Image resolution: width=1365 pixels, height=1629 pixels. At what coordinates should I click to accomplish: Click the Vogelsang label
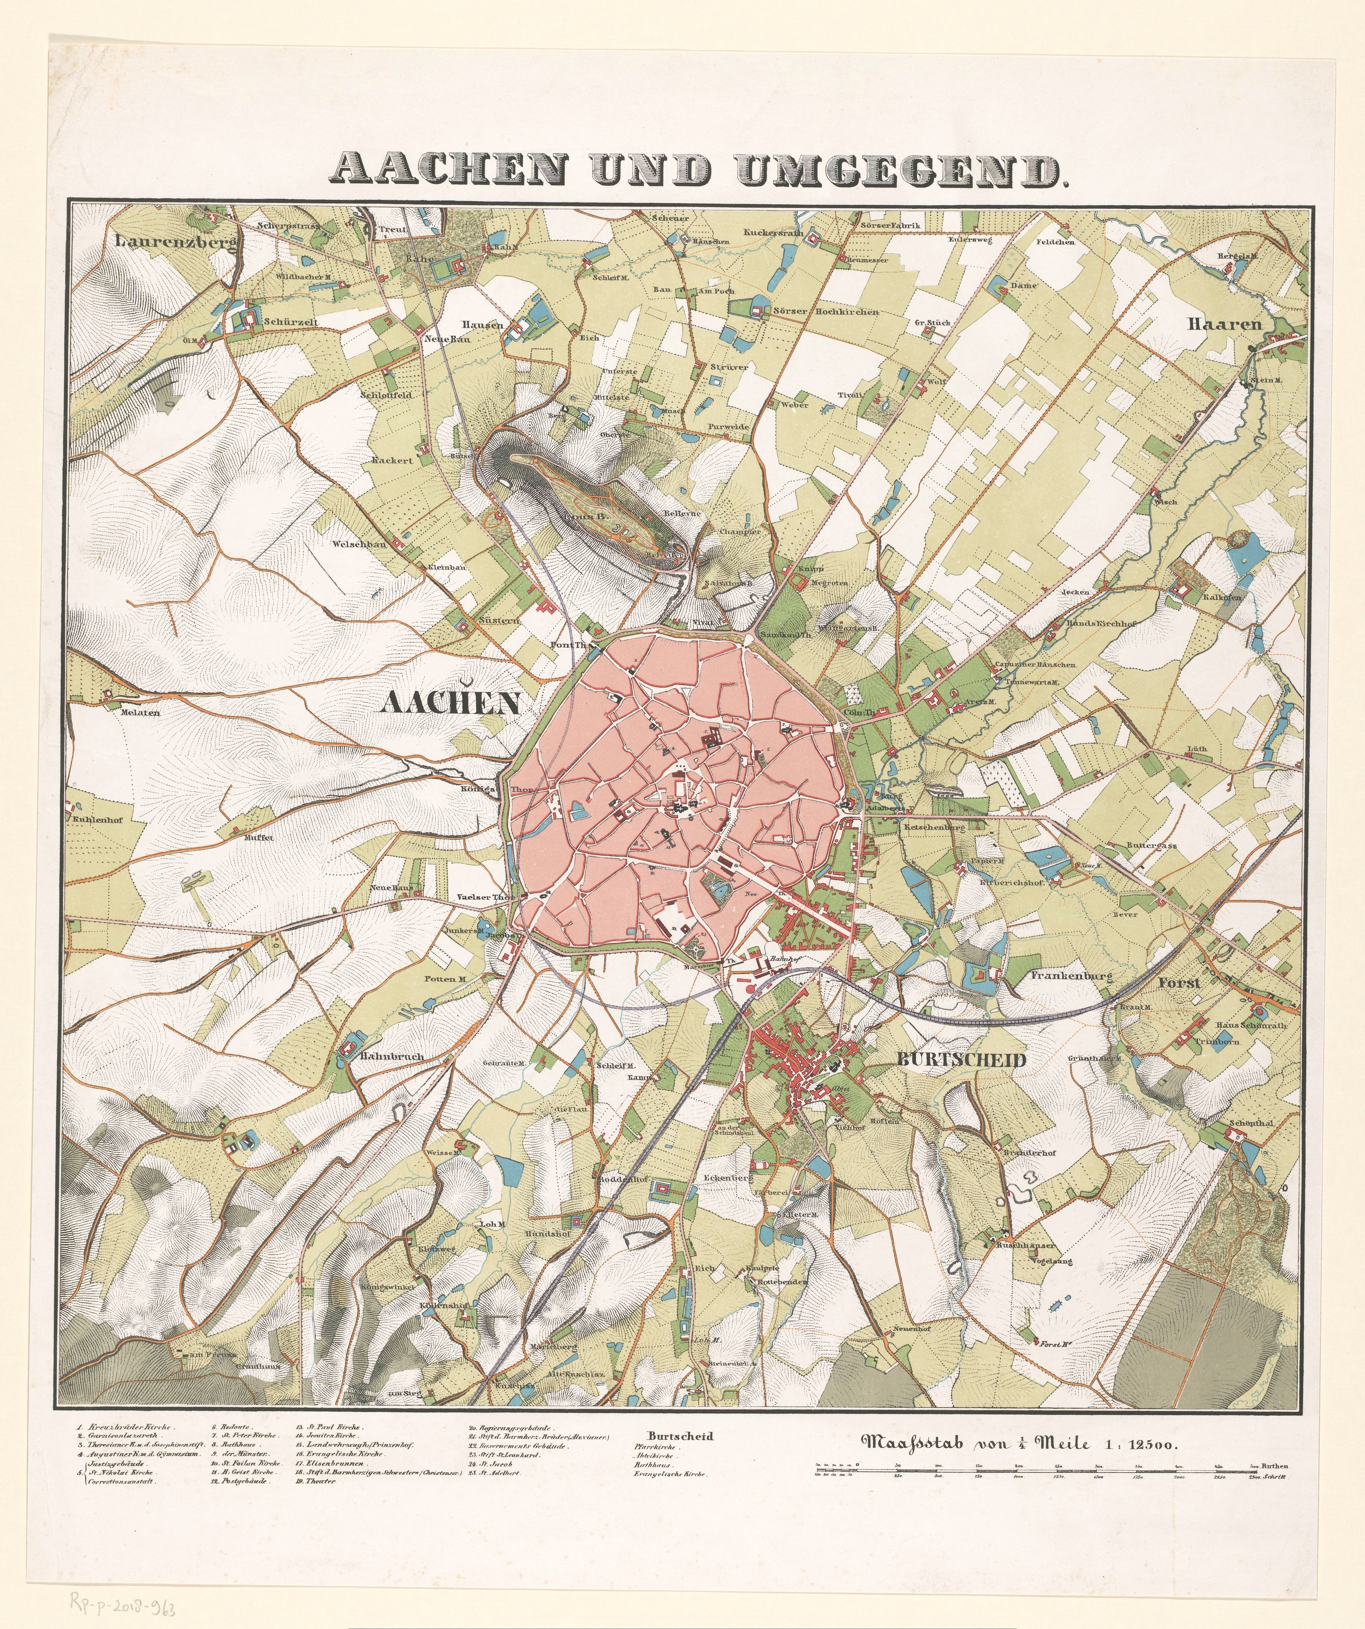1051,1261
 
